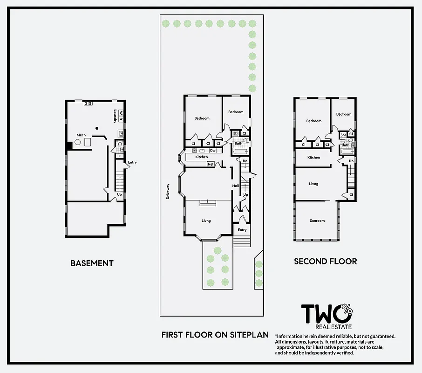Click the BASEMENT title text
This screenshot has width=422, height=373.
[x=92, y=263]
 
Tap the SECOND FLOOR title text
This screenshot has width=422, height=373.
[x=325, y=261]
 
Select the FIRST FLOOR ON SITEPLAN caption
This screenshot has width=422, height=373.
[x=216, y=334]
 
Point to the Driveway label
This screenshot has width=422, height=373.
[x=168, y=191]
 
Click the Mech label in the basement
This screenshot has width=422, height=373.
[x=81, y=135]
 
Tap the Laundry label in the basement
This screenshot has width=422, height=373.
[x=115, y=116]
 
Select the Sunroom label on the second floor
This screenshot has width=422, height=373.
[x=317, y=221]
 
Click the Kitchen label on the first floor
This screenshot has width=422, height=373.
[x=201, y=157]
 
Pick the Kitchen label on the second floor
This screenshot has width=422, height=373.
[x=313, y=158]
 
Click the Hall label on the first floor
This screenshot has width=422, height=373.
[x=236, y=186]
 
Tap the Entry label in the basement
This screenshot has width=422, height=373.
[x=132, y=162]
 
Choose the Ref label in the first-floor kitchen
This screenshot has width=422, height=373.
[x=211, y=164]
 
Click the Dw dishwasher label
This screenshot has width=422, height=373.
[x=212, y=151]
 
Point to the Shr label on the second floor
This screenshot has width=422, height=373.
[x=343, y=135]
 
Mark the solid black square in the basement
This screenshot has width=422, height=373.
[x=69, y=145]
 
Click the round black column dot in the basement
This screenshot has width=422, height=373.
[x=97, y=128]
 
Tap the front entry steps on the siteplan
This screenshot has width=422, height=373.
[x=241, y=242]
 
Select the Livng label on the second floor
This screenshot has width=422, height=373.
[x=313, y=184]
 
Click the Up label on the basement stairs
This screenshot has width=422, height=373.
[x=120, y=194]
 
